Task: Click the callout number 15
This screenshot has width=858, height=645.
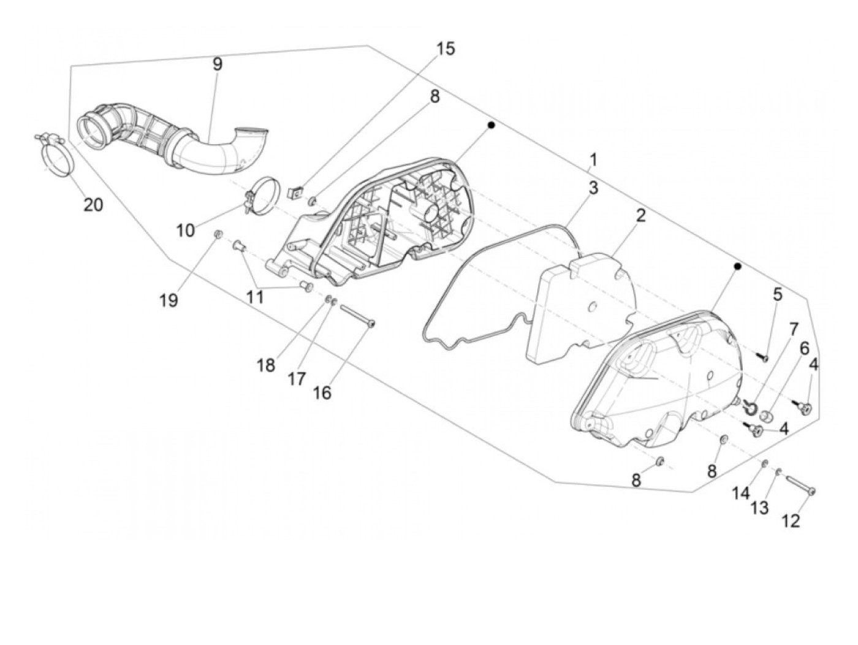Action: (446, 49)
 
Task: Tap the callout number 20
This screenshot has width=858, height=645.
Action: (93, 205)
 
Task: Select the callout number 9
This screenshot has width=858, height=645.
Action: (218, 64)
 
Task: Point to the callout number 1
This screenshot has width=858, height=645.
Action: (593, 161)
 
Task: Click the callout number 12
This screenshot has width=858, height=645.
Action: (791, 521)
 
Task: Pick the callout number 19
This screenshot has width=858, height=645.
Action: (169, 300)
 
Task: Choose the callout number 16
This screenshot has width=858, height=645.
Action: (322, 393)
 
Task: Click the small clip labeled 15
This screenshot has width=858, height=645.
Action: (294, 193)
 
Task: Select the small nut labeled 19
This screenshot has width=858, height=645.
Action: (217, 235)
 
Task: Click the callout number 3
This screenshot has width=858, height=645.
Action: (593, 188)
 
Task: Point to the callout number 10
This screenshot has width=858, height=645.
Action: (185, 231)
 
